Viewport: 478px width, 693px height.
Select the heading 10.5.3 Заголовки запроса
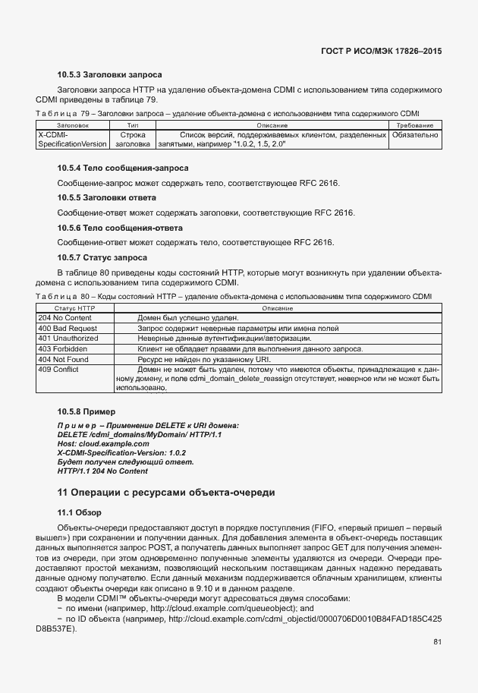[x=109, y=75]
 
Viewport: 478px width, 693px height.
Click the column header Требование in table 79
[x=414, y=125]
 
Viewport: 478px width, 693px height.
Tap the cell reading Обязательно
[x=414, y=134]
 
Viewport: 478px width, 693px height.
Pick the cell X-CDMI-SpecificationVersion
[x=72, y=139]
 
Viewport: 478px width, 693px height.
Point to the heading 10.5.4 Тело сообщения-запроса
[x=123, y=168]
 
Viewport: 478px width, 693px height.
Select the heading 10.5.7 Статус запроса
[x=102, y=258]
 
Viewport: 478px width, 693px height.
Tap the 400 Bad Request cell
[x=67, y=328]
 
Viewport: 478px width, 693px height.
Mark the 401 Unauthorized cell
[x=68, y=338]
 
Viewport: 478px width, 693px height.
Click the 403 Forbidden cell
[x=62, y=348]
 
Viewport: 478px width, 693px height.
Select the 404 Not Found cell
[x=64, y=359]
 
